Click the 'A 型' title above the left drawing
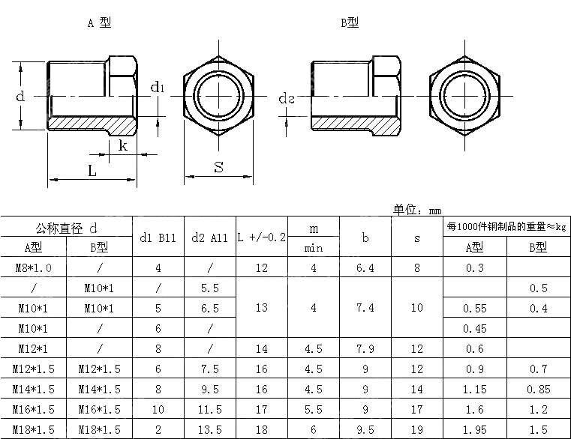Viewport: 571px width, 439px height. tap(99, 22)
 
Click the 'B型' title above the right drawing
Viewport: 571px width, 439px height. tap(350, 22)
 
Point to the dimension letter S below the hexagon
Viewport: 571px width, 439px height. tap(218, 167)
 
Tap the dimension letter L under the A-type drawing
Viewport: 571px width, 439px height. tap(92, 170)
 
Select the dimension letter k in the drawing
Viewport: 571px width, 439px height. tap(123, 145)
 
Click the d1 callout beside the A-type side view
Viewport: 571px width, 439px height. tap(158, 88)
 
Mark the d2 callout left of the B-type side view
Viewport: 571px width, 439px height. tap(286, 98)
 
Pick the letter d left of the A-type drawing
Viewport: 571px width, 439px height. tap(20, 96)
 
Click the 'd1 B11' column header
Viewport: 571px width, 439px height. tap(158, 238)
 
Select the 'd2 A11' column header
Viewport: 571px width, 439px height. tap(210, 238)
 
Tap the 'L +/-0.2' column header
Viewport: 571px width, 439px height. tap(261, 237)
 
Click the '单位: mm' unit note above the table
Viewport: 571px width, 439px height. tap(417, 210)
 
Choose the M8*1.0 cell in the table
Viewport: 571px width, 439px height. tap(33, 268)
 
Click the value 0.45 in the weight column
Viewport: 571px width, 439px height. tap(474, 329)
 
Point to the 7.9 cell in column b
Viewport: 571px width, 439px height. tap(365, 349)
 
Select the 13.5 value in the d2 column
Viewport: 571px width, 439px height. tap(210, 429)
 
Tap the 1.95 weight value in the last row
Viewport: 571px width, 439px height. tap(474, 429)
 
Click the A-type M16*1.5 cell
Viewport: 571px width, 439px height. tap(33, 410)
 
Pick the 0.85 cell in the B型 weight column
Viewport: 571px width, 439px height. tap(538, 389)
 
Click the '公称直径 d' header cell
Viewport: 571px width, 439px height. tap(66, 228)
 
